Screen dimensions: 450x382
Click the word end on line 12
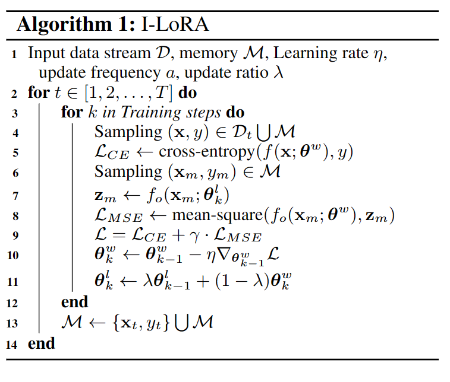click(x=74, y=302)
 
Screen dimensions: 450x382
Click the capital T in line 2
click(x=160, y=93)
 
